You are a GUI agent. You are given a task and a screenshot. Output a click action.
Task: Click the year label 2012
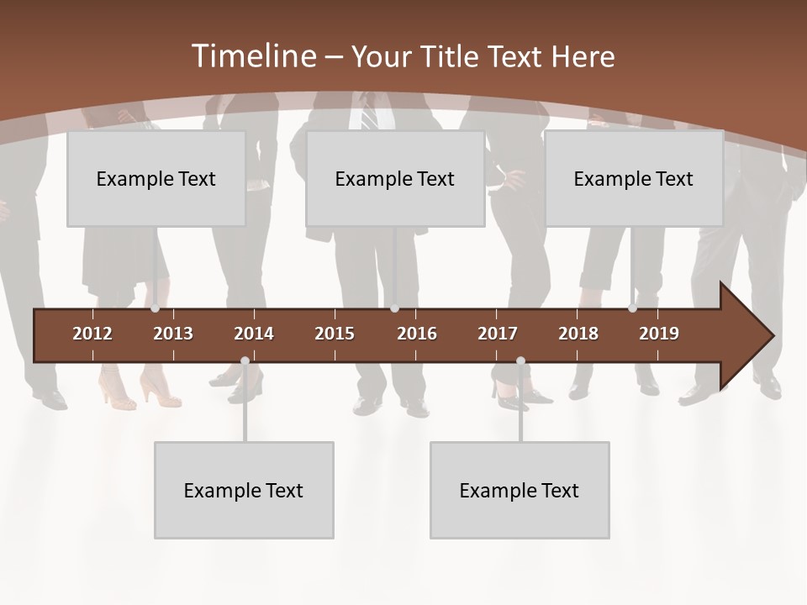coord(92,334)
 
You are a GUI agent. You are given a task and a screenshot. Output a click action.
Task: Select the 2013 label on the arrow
coord(173,334)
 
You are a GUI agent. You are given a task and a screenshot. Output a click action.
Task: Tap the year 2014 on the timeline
coord(254,334)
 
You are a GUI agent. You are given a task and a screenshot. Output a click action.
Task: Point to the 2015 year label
coord(335,334)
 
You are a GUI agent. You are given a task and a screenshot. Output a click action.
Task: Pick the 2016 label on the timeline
coord(417,334)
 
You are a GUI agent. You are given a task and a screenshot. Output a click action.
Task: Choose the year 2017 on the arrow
coord(498,334)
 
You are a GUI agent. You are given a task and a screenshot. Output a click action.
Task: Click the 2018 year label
coord(578,334)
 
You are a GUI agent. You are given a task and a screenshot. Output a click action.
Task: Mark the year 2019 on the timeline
coord(659,334)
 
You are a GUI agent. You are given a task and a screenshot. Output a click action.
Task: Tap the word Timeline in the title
coord(254,56)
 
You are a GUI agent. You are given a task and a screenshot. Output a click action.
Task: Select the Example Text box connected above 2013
coord(156,179)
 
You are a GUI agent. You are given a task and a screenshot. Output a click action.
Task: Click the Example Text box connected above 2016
coord(395,179)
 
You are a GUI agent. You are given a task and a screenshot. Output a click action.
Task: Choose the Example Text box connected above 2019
coord(634,179)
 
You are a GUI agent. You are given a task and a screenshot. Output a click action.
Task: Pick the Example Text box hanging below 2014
coord(244,491)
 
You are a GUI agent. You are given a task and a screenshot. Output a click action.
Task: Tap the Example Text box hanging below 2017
coord(520,491)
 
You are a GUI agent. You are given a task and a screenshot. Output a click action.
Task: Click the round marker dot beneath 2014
coord(245,361)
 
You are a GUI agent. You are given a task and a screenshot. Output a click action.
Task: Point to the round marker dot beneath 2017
coord(520,361)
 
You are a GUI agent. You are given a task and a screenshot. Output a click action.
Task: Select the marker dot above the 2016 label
coord(394,308)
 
